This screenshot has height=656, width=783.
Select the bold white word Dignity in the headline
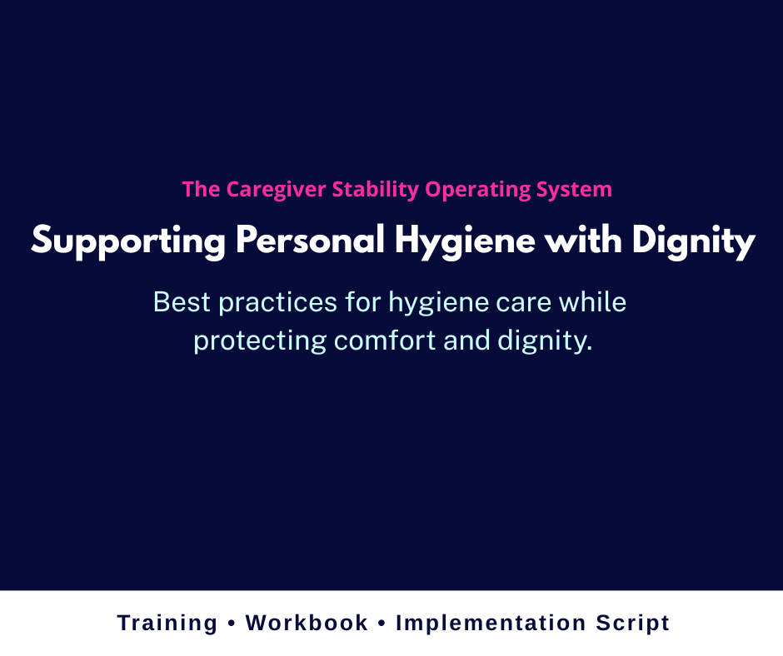click(x=693, y=241)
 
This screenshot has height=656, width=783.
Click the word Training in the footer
click(x=167, y=624)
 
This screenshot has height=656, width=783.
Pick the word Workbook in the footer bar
click(x=307, y=623)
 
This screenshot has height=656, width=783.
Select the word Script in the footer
click(x=633, y=624)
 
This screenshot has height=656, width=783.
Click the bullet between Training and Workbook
click(x=232, y=624)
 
